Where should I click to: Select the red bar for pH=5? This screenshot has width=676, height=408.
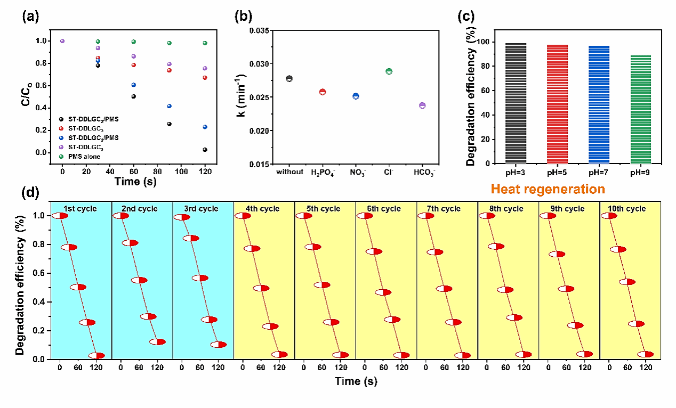[557, 104]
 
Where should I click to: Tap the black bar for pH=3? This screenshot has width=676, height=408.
[516, 103]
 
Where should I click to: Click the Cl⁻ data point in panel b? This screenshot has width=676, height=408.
[389, 71]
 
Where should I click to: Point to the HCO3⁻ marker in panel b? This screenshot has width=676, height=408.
[422, 105]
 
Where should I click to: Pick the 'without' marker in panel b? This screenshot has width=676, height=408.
[289, 79]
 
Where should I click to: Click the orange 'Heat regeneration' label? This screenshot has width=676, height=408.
[548, 189]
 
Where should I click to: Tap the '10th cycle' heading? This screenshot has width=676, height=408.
[630, 209]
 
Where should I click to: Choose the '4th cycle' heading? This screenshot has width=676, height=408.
[264, 209]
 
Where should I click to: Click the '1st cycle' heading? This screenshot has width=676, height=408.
[81, 209]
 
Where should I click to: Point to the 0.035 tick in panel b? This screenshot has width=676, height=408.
[262, 30]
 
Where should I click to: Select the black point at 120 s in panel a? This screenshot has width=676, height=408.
[205, 150]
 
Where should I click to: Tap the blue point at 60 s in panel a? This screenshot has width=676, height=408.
[134, 85]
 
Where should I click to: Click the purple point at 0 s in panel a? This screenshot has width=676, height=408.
[62, 41]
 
